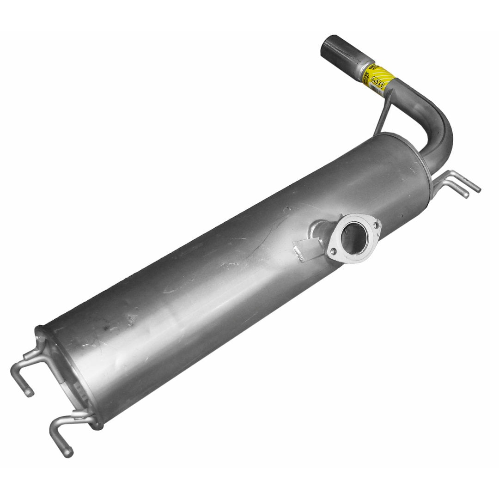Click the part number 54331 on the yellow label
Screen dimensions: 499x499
377,81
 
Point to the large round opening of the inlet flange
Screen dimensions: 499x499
354,237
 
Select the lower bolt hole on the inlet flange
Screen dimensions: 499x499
333,251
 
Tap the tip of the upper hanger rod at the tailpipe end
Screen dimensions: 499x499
479,189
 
